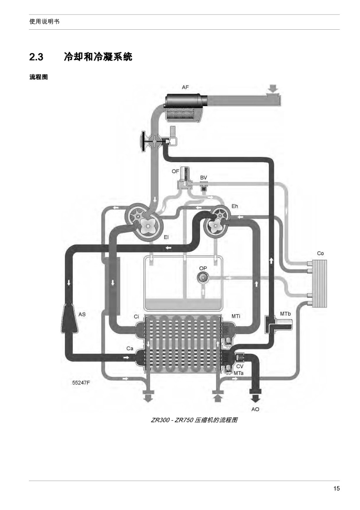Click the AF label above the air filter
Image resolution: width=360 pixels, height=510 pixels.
pyautogui.click(x=185, y=87)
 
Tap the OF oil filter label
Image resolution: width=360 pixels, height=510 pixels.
pyautogui.click(x=175, y=171)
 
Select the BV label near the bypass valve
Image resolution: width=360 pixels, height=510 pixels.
pyautogui.click(x=203, y=177)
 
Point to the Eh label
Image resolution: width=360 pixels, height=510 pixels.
pyautogui.click(x=234, y=206)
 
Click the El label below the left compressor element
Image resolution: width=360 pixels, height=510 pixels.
pyautogui.click(x=166, y=237)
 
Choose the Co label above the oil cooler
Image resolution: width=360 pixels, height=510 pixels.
pyautogui.click(x=320, y=253)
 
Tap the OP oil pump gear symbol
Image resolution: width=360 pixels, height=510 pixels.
pyautogui.click(x=202, y=278)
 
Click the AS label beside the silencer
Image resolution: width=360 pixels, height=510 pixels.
pyautogui.click(x=82, y=314)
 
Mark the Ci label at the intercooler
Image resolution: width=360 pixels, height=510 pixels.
pyautogui.click(x=136, y=317)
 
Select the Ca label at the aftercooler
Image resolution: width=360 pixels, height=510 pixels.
pyautogui.click(x=130, y=349)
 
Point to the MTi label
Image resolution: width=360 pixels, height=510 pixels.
pyautogui.click(x=236, y=316)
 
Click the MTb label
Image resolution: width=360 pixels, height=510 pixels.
pyautogui.click(x=285, y=314)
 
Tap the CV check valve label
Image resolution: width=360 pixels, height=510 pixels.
pyautogui.click(x=240, y=366)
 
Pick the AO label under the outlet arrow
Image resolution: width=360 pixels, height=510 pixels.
pyautogui.click(x=255, y=409)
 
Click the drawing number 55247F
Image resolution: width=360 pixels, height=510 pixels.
pyautogui.click(x=81, y=383)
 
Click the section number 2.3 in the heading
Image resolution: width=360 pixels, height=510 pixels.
pyautogui.click(x=36, y=57)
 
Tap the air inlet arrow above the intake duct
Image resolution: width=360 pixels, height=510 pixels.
pyautogui.click(x=273, y=88)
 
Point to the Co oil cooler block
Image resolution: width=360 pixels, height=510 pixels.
pyautogui.click(x=320, y=283)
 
